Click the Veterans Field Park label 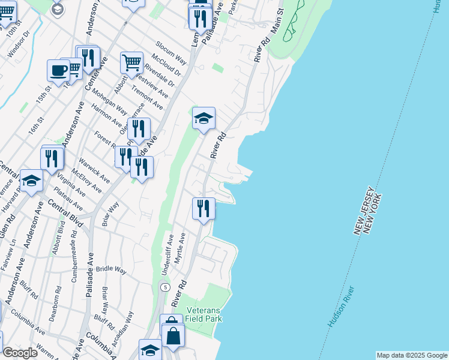pyautogui.click(x=204, y=314)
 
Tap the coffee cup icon pyautogui.click(x=58, y=71)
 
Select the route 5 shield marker pyautogui.click(x=164, y=288)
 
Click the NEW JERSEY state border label pyautogui.click(x=363, y=210)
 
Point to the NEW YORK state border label pyautogui.click(x=372, y=214)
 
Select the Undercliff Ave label pyautogui.click(x=167, y=254)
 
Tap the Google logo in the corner pyautogui.click(x=20, y=353)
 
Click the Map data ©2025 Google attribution pyautogui.click(x=412, y=355)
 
